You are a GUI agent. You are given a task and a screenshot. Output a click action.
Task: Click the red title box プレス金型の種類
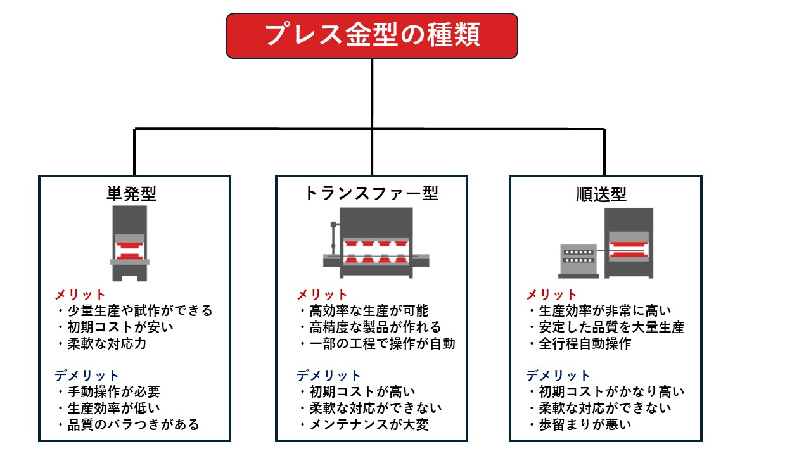[x=372, y=35]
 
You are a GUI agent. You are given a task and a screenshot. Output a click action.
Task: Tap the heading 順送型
[x=601, y=194]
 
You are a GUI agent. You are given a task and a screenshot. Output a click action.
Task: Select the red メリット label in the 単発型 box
[x=80, y=294]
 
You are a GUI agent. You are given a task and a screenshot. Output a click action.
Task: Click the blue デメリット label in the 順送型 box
[x=558, y=375]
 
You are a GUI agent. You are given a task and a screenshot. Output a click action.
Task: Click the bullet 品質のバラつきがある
[x=132, y=424]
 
